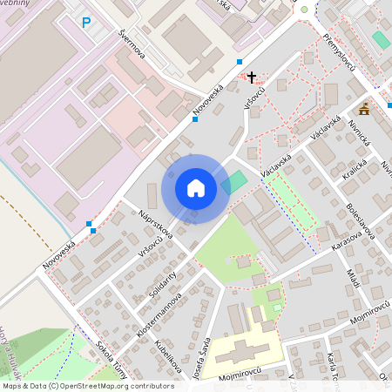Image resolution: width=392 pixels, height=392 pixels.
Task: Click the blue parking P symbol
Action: click(x=85, y=24)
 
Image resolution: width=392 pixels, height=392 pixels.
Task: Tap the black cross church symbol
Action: click(x=253, y=78)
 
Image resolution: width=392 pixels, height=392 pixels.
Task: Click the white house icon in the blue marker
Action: click(x=195, y=187)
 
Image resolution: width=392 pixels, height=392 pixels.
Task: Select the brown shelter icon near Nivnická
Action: click(x=364, y=109)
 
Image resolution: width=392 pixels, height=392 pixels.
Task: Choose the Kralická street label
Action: click(x=355, y=168)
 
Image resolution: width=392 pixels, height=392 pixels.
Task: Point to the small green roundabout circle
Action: click(x=304, y=10)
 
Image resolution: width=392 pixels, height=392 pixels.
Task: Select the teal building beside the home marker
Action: click(x=234, y=182)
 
